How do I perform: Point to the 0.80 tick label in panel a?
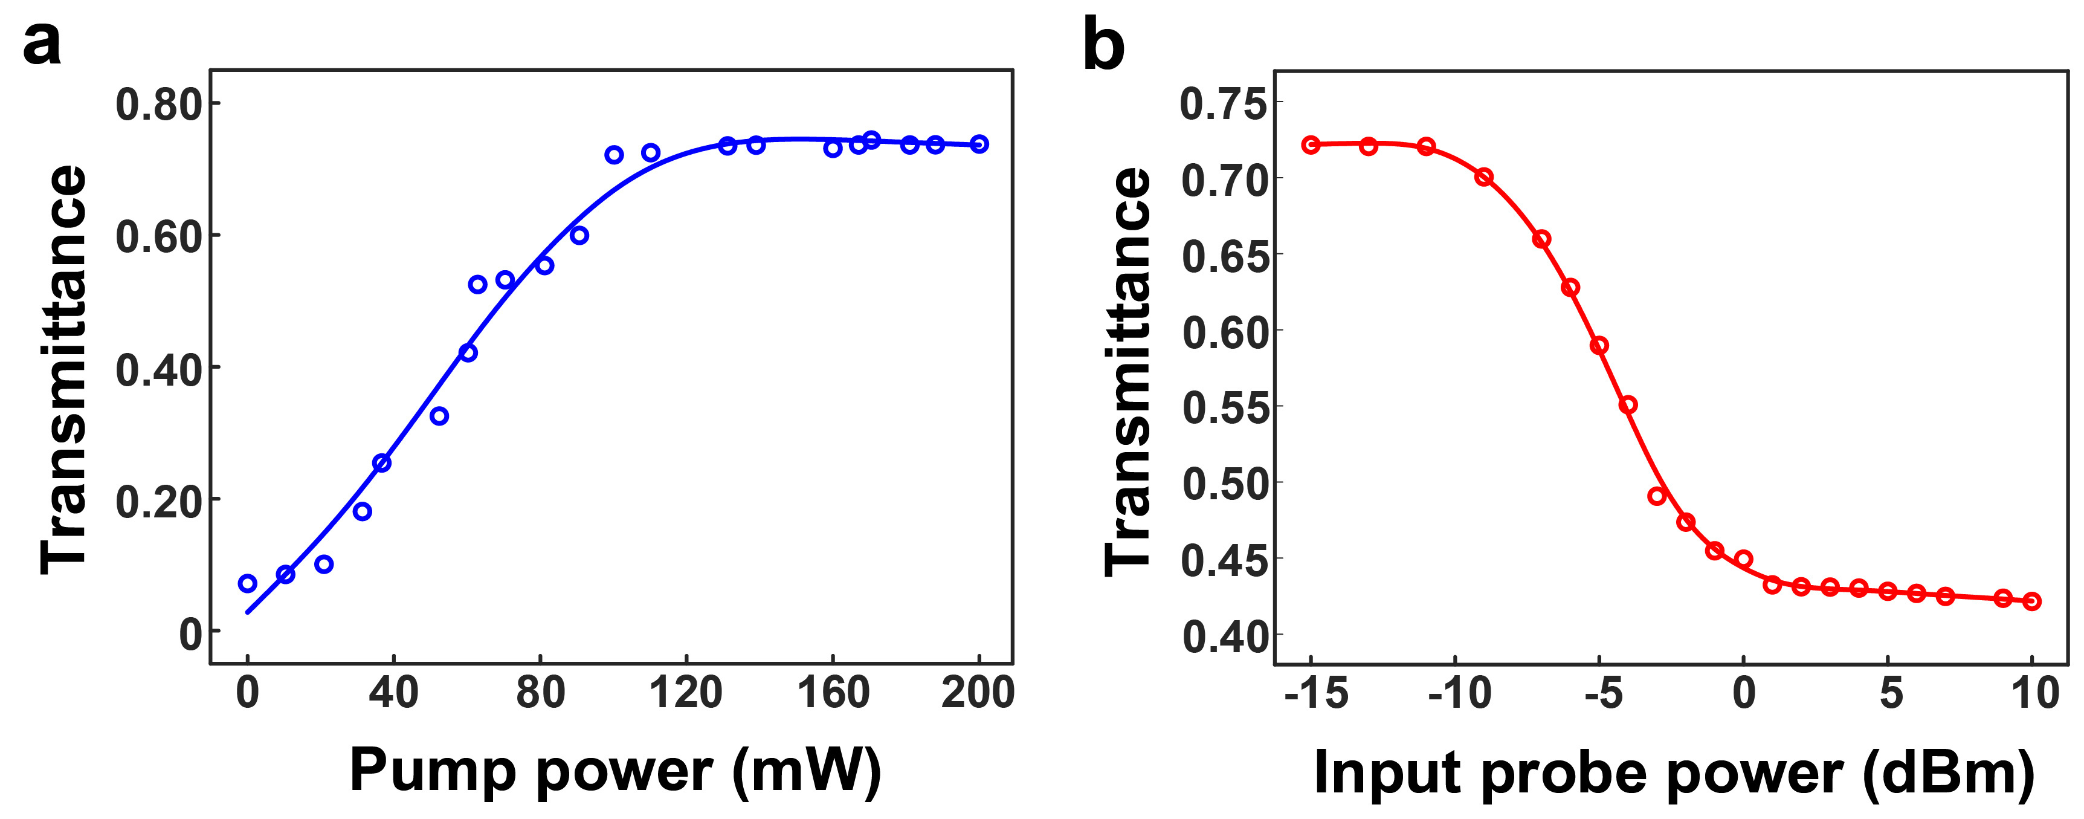coord(158,105)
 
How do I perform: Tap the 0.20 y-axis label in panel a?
coord(158,502)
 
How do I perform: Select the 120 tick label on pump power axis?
coord(686,693)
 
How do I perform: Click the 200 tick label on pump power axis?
coord(977,693)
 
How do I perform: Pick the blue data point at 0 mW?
coord(248,583)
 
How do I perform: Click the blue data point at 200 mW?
coord(979,144)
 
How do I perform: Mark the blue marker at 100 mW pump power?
coord(614,155)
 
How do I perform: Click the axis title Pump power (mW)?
coord(615,771)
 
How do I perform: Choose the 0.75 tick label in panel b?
coord(1223,105)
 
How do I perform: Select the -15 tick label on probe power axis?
coord(1316,693)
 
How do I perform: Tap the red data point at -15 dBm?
coord(1311,145)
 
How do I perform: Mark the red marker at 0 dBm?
coord(1743,559)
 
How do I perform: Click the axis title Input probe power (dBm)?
coord(1674,774)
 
